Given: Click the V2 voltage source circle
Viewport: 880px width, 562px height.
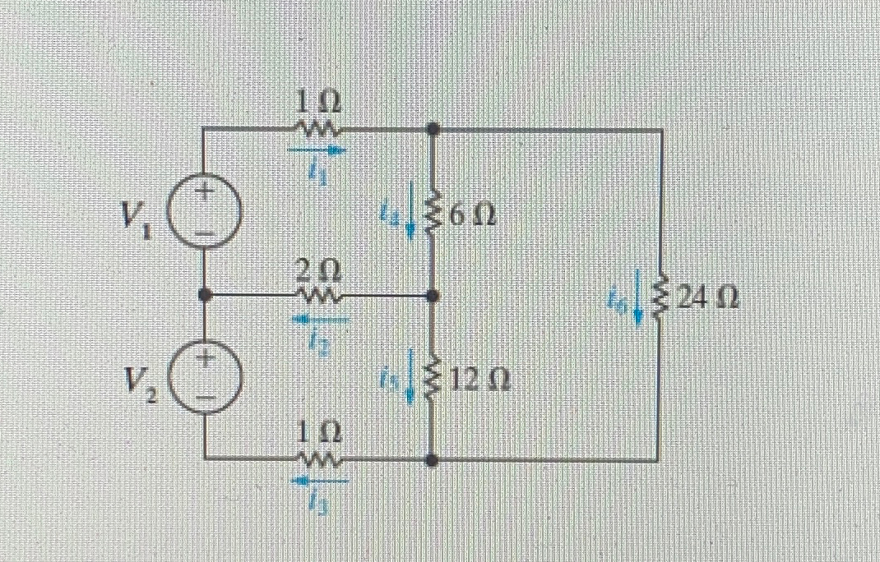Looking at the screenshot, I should (x=205, y=376).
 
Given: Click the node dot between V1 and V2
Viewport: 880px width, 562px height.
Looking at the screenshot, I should (x=205, y=293).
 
